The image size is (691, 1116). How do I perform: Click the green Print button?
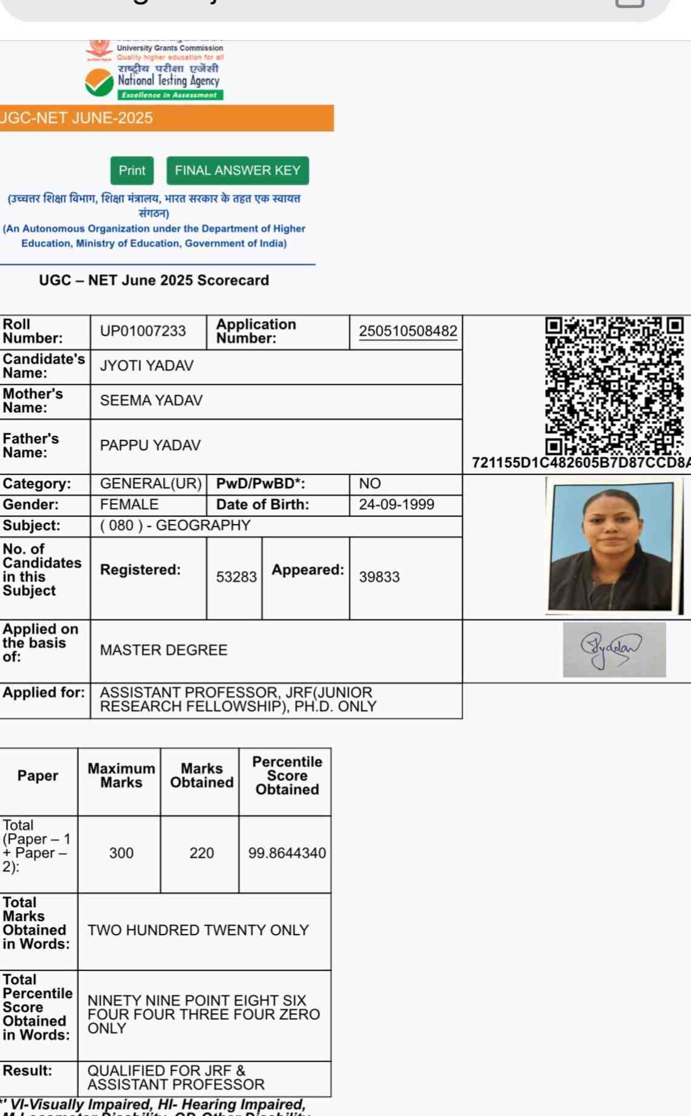pyautogui.click(x=132, y=171)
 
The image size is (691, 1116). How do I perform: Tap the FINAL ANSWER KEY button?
pyautogui.click(x=237, y=171)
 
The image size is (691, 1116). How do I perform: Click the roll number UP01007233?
pyautogui.click(x=143, y=331)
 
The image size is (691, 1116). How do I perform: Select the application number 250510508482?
pyautogui.click(x=408, y=331)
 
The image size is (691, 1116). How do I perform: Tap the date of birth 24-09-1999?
pyautogui.click(x=397, y=505)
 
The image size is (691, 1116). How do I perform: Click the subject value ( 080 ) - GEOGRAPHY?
pyautogui.click(x=175, y=525)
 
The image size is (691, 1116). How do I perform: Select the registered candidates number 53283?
pyautogui.click(x=236, y=577)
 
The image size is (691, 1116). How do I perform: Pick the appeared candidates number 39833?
pyautogui.click(x=379, y=577)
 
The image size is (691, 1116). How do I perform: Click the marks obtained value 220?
pyautogui.click(x=202, y=853)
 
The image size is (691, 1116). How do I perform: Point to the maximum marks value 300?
pyautogui.click(x=121, y=853)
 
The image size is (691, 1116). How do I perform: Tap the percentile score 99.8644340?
pyautogui.click(x=287, y=853)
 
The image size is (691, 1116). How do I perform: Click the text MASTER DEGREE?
pyautogui.click(x=163, y=650)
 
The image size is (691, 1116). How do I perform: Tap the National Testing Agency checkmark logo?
pyautogui.click(x=99, y=83)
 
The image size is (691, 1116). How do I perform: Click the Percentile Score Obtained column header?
pyautogui.click(x=287, y=775)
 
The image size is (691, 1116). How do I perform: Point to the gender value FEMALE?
pyautogui.click(x=129, y=505)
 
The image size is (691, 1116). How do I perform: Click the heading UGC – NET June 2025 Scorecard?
pyautogui.click(x=154, y=281)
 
